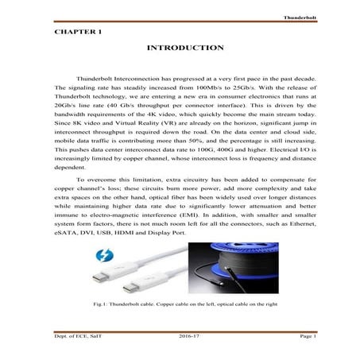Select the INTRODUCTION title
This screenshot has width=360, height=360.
[x=180, y=48]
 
